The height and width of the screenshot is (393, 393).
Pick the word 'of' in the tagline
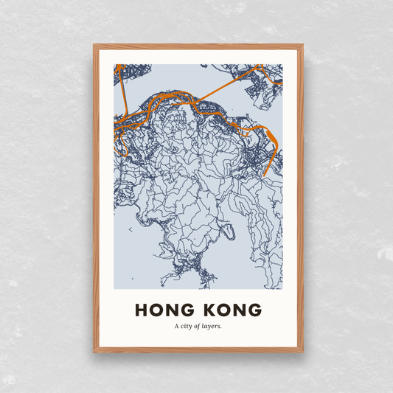(x=201, y=325)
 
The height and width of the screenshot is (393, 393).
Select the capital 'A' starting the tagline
(x=177, y=325)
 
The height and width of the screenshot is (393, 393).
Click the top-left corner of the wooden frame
(x=94, y=46)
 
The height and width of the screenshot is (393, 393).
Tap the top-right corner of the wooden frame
(x=302, y=46)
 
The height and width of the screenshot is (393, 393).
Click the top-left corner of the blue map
(x=114, y=65)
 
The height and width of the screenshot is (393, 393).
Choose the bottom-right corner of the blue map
(x=282, y=289)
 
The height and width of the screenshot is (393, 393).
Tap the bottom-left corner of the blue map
(x=114, y=289)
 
